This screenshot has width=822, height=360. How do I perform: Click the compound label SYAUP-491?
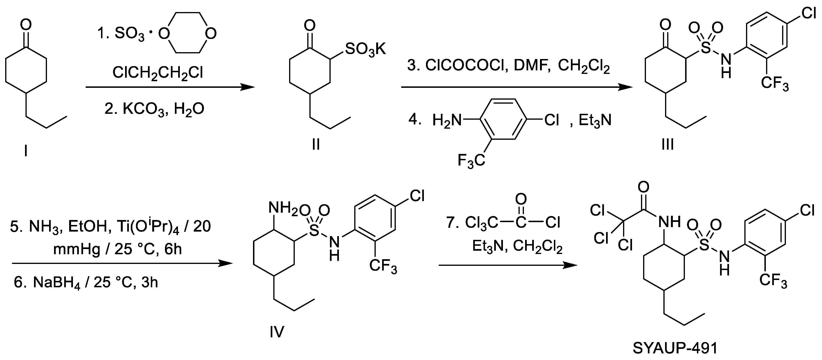click(675, 348)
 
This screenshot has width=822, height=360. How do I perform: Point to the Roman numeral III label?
click(668, 144)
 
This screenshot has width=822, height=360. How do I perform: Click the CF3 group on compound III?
click(775, 84)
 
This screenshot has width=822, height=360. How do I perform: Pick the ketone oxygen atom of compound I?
click(26, 25)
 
